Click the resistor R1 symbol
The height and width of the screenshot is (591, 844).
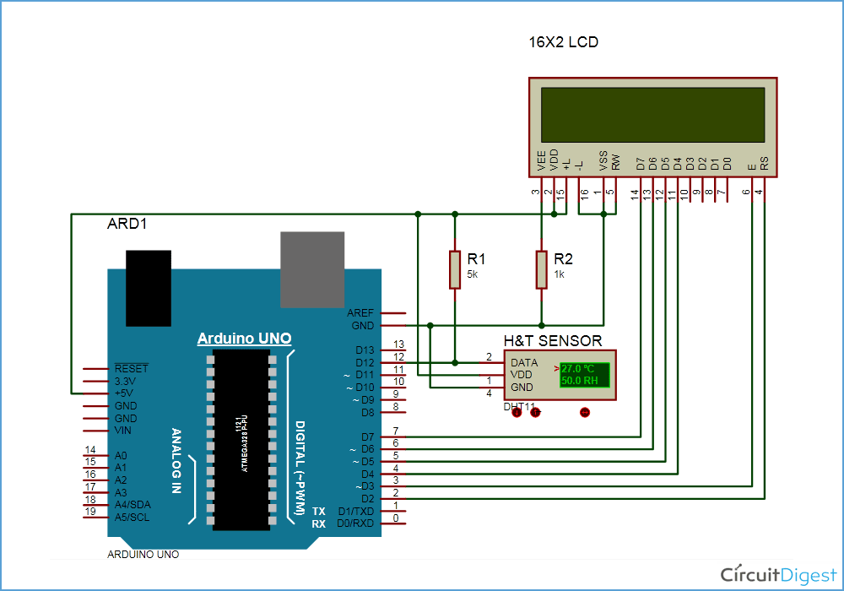click(455, 269)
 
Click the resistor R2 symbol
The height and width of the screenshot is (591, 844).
click(541, 269)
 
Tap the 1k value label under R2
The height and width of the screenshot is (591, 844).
click(559, 275)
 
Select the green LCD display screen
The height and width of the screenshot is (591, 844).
click(652, 117)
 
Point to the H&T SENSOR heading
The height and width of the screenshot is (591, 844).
click(553, 341)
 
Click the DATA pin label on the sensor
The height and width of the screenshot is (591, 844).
click(524, 362)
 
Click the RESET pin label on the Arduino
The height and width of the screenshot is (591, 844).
click(131, 369)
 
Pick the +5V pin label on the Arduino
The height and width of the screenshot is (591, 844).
click(126, 393)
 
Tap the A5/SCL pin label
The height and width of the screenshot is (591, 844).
click(132, 518)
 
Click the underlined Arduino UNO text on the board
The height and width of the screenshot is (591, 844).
click(244, 339)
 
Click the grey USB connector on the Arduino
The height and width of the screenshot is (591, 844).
click(312, 269)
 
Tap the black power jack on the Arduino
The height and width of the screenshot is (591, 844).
click(148, 287)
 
